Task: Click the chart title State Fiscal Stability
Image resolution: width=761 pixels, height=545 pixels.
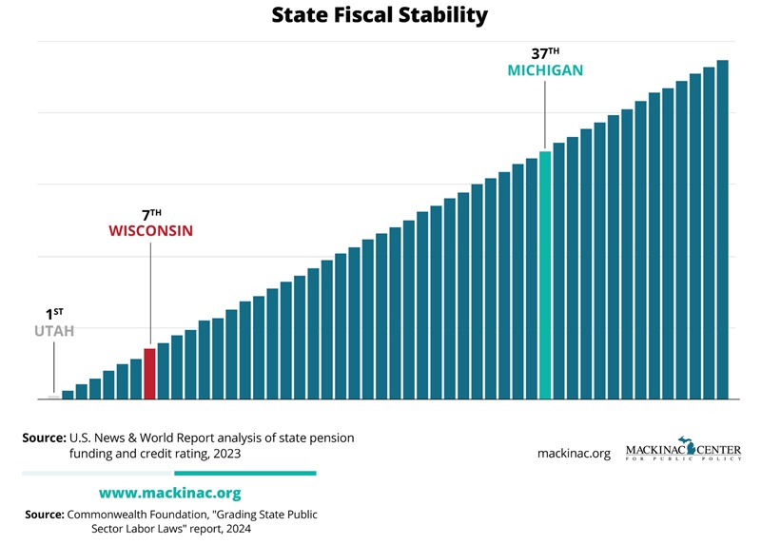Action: (380, 16)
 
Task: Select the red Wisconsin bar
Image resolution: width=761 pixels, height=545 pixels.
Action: (149, 373)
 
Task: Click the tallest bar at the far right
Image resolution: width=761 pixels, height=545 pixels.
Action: (722, 228)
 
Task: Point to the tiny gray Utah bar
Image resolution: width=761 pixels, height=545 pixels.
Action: (54, 397)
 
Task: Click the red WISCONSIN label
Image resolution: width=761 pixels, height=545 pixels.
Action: (150, 231)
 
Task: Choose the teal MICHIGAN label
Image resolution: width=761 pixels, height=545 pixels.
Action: (545, 70)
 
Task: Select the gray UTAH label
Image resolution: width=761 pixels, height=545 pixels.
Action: (54, 331)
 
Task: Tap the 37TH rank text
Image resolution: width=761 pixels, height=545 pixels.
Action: (545, 51)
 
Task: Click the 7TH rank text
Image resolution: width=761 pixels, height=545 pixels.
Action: (150, 213)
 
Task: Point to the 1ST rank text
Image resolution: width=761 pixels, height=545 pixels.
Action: (54, 313)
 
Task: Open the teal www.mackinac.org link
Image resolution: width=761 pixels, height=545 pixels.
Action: (169, 493)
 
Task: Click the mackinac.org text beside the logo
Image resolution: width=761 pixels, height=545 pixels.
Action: (574, 454)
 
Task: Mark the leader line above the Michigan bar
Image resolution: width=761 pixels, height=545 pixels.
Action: (545, 114)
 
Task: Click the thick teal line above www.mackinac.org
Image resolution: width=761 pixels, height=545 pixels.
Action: (244, 473)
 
